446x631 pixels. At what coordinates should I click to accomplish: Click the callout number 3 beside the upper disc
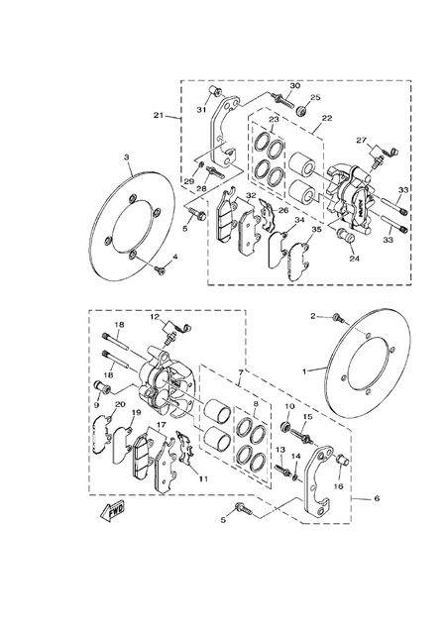[x=127, y=158]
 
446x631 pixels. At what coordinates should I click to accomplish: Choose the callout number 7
[x=239, y=372]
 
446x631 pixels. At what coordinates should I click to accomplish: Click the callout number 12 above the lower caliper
[x=155, y=316]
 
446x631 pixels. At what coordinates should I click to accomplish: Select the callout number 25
[x=316, y=97]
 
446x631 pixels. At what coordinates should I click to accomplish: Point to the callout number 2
[x=312, y=316]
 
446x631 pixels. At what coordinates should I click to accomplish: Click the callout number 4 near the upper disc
[x=174, y=259]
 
